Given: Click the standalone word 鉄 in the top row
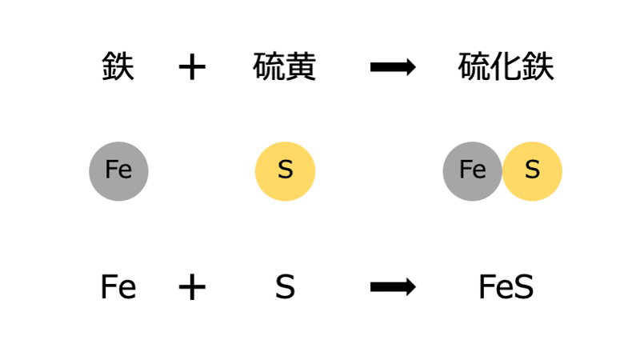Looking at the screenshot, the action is tap(118, 67).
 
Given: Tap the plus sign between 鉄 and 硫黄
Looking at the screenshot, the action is tap(192, 68).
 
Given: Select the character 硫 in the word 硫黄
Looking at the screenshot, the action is tap(269, 67).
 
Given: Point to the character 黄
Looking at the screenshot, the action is tap(301, 67).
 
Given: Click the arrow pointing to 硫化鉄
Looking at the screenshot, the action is tap(393, 68).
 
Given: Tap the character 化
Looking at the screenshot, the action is tap(506, 67).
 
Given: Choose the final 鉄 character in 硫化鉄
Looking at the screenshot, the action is tap(538, 67).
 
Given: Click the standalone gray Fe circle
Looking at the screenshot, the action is tap(118, 170).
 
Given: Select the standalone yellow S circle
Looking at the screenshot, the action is tap(285, 170).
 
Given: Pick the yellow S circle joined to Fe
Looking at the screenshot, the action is tap(533, 170).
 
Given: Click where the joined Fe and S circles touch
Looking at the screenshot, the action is tap(502, 170).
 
